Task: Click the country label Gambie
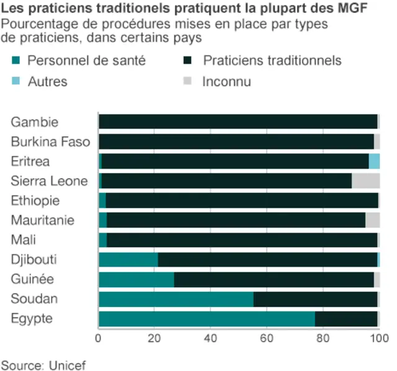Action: pos(35,122)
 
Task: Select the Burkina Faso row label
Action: pos(50,141)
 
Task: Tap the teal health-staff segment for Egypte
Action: pos(207,319)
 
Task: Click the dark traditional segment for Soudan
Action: pos(315,300)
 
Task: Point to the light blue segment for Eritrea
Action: pos(374,161)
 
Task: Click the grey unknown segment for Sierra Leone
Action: pos(365,181)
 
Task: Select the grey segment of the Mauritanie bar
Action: pos(372,220)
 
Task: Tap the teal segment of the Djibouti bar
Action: pos(128,260)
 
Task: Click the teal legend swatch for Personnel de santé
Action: pos(17,61)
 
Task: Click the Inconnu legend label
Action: pos(226,82)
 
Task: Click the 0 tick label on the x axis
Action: pos(99,339)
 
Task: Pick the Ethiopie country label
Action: pos(35,200)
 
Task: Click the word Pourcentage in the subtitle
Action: pos(35,24)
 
